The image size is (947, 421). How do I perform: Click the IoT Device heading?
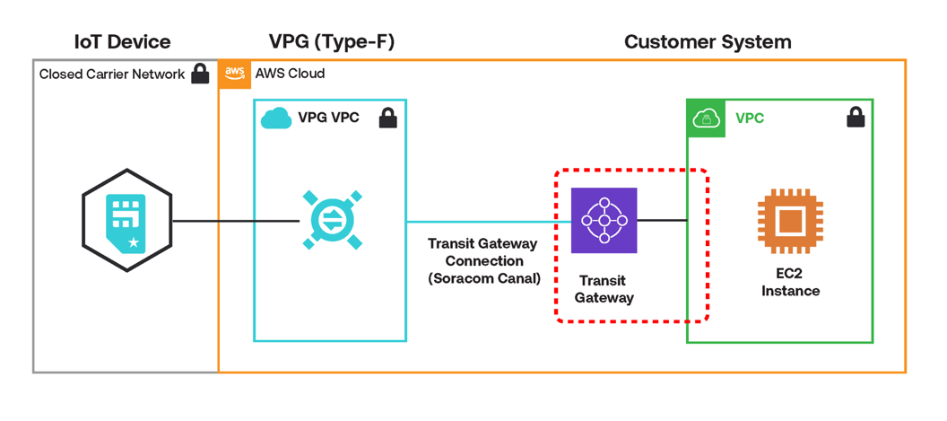(123, 41)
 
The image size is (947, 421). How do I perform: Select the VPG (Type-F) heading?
(332, 41)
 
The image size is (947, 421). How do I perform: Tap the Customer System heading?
(708, 41)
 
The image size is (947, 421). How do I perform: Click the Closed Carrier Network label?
(111, 75)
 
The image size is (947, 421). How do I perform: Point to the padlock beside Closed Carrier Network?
(201, 74)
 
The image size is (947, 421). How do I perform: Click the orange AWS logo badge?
(235, 74)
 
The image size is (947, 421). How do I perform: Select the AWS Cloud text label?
(290, 74)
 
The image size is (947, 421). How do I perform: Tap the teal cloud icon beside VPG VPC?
(276, 118)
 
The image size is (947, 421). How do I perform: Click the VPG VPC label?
(328, 118)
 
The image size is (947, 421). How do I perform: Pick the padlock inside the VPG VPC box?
(387, 118)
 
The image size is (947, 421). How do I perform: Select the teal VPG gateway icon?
(332, 220)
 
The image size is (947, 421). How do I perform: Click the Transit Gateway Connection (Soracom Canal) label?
(482, 261)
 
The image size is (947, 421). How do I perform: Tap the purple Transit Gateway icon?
(604, 221)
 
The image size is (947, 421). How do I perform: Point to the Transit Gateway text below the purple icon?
(604, 289)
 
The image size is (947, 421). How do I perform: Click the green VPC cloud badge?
(706, 118)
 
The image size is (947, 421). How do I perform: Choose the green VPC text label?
(750, 118)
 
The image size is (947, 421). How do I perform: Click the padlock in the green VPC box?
(856, 118)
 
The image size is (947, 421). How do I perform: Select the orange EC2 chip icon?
(789, 220)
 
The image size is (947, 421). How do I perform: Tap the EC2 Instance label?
(790, 283)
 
